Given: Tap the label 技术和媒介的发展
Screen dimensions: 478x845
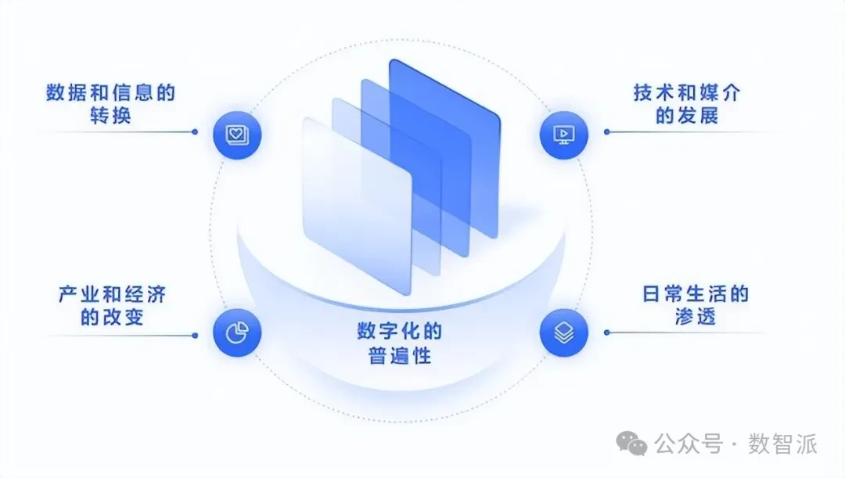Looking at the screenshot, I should [x=686, y=105].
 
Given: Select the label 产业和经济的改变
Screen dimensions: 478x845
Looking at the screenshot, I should [x=112, y=306].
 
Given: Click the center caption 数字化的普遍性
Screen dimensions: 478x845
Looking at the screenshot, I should [x=400, y=343].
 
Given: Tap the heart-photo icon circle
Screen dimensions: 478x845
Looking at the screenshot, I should [x=237, y=135].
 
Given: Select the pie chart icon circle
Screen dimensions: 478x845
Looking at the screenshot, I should [x=237, y=333].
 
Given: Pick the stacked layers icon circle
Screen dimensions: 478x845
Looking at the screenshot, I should [x=563, y=333].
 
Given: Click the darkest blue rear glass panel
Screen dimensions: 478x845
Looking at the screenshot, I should [x=462, y=133].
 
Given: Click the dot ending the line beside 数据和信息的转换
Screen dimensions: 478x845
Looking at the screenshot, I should [x=195, y=131].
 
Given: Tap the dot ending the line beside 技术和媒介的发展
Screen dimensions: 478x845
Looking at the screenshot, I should [x=606, y=131].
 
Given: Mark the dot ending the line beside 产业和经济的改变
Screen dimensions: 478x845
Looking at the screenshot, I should [x=195, y=336].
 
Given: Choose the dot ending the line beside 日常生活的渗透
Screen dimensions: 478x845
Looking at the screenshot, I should [x=606, y=332].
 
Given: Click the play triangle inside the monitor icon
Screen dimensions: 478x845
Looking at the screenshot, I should [x=563, y=133].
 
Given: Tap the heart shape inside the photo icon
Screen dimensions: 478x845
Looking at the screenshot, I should [x=236, y=133].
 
